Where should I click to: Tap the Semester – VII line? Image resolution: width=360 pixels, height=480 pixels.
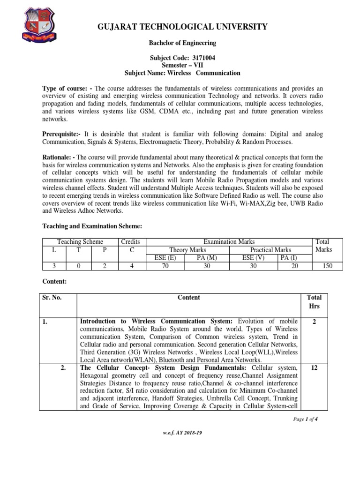[x=182, y=65]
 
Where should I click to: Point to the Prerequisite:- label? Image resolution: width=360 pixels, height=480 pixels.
[x=62, y=134]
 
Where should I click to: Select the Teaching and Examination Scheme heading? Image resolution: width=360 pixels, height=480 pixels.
[x=92, y=226]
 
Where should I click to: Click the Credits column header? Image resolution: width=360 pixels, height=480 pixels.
[x=132, y=242]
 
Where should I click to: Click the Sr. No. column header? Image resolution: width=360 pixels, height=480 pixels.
[x=52, y=297]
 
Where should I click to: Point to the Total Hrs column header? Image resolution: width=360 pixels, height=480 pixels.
[x=314, y=301]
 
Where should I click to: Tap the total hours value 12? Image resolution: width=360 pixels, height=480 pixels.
[x=314, y=368]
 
